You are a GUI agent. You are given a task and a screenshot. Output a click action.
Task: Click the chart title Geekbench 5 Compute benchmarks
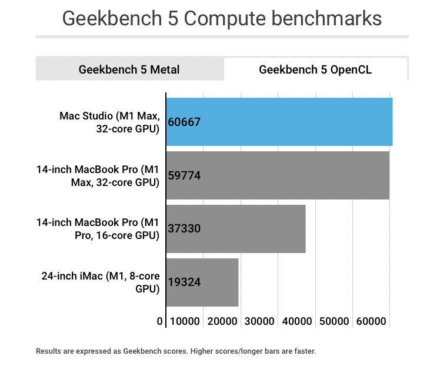[222, 18]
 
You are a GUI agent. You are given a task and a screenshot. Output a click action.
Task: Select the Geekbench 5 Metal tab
[129, 69]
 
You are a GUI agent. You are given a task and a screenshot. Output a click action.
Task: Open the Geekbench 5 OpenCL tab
[315, 69]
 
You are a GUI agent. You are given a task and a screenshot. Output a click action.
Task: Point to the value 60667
[184, 122]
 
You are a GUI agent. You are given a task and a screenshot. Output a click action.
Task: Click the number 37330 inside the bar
[184, 229]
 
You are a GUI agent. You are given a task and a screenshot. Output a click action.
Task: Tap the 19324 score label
[184, 282]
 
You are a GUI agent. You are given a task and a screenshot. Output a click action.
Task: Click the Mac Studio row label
[109, 122]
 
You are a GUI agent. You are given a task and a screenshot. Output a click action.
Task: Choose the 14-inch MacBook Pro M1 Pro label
[98, 229]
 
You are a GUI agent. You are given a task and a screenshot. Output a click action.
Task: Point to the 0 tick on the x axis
[160, 322]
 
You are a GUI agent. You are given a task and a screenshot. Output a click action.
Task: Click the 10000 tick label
[185, 322]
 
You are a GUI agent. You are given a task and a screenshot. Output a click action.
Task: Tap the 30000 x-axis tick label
[259, 322]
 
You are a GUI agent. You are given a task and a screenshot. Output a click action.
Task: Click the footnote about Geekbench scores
[176, 351]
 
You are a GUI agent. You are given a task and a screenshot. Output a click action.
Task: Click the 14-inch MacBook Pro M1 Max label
[98, 175]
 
